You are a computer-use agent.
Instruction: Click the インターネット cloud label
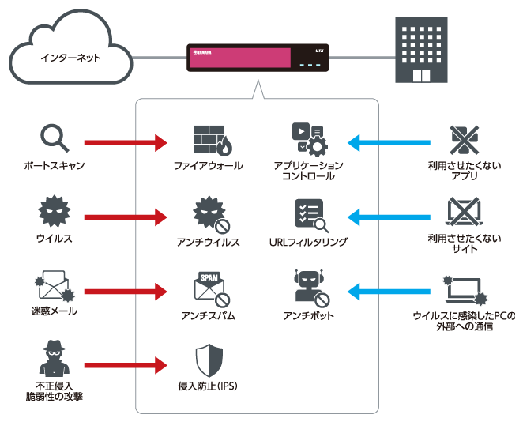point(70,58)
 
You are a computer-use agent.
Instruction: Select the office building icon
point(421,50)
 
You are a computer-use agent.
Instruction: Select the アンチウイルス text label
point(208,242)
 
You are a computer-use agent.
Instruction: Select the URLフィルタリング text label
point(308,242)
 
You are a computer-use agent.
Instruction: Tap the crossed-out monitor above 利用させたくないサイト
point(464,213)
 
